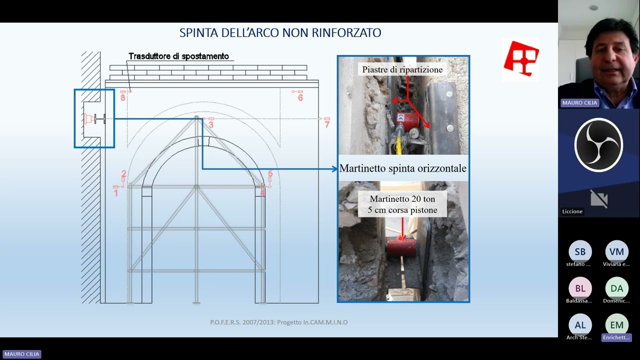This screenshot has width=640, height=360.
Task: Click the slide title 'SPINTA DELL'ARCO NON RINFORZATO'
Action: [x=280, y=33]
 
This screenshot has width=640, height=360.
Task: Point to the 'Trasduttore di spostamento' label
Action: [x=178, y=56]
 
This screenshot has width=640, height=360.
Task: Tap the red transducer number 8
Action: [x=123, y=98]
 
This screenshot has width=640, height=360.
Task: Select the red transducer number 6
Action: [x=300, y=98]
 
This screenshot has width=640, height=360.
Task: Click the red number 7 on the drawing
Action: [x=327, y=124]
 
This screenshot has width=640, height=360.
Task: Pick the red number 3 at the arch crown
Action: [x=211, y=124]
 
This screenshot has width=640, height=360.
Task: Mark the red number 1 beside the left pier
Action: [x=116, y=192]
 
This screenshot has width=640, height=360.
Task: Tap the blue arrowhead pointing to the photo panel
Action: [x=334, y=169]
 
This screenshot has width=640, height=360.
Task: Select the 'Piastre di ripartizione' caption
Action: [x=402, y=69]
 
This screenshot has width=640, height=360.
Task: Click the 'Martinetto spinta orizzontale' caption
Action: [x=402, y=168]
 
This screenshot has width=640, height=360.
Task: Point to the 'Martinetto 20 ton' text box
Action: [x=402, y=204]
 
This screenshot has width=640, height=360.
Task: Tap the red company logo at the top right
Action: [x=521, y=59]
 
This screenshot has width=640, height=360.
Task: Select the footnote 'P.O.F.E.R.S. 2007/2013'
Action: [x=278, y=322]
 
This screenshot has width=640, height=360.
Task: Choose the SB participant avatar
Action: [x=580, y=251]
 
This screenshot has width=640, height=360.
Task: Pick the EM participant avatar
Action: [x=616, y=325]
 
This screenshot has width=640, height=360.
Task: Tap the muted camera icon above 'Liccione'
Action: [x=598, y=198]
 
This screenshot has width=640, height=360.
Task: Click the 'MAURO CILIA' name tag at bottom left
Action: [x=21, y=354]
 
